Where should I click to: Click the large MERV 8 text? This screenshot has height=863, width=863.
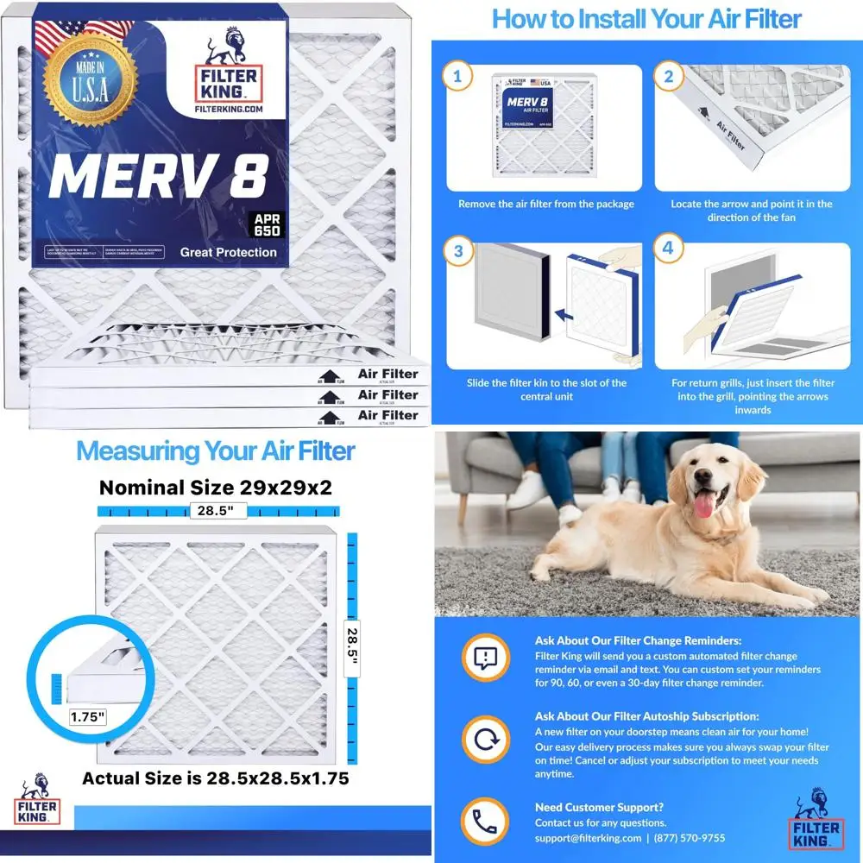coord(156,176)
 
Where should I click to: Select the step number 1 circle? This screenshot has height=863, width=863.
coord(457,77)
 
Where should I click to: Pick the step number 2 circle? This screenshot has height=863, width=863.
coord(666,77)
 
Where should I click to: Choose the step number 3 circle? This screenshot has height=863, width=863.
coord(457,253)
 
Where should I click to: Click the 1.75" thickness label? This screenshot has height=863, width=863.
coord(87,715)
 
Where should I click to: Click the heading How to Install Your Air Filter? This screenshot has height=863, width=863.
coord(646,19)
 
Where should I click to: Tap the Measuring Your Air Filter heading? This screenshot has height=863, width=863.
coord(216,450)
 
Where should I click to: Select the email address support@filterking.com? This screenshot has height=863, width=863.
coord(588,838)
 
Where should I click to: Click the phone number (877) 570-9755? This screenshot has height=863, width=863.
coord(690,838)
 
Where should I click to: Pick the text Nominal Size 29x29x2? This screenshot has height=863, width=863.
coord(216,487)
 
